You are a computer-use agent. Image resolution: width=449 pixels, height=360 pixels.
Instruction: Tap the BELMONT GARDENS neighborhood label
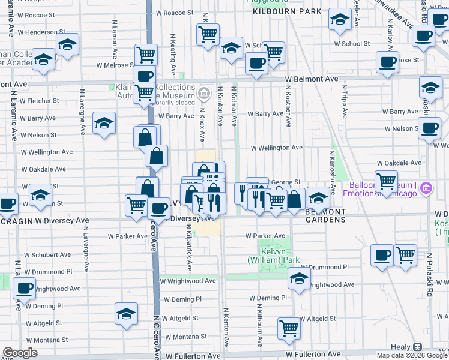(325, 216)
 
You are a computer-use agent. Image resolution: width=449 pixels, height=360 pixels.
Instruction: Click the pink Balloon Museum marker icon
(426, 188)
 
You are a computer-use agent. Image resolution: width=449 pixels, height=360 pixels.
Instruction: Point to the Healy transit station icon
(418, 347)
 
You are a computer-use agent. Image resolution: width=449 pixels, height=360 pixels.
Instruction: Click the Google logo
(20, 353)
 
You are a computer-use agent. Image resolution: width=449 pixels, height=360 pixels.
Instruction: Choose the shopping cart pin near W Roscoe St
(208, 34)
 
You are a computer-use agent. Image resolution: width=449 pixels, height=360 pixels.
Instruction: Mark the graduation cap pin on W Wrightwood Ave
(299, 278)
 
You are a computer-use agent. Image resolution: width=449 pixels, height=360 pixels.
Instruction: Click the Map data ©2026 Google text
(411, 355)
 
